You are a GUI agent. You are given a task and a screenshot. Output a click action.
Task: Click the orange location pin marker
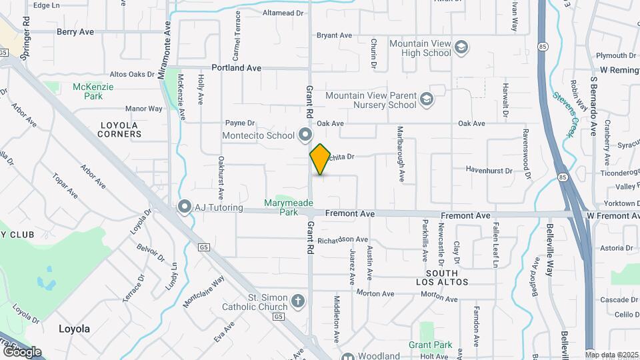click(x=320, y=159)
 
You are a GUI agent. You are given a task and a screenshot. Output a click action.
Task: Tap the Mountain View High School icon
click(x=462, y=47)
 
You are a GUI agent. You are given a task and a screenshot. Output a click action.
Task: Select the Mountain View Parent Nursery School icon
click(x=427, y=100)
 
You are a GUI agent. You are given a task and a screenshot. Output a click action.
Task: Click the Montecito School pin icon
click(x=305, y=135)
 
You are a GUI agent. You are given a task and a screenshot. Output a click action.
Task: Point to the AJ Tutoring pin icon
click(x=185, y=207)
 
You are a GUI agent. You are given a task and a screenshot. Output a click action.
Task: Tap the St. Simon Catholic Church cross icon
click(x=300, y=302)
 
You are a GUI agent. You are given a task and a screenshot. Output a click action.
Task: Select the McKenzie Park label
click(x=93, y=91)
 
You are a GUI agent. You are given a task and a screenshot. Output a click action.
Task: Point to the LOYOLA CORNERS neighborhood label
click(x=121, y=129)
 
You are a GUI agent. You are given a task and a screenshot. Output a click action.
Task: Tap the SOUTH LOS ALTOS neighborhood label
click(x=442, y=278)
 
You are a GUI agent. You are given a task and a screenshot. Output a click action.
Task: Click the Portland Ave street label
click(x=236, y=68)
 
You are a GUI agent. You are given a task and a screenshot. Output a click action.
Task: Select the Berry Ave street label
click(x=75, y=31)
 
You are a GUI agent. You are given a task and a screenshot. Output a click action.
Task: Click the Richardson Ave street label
click(x=343, y=239)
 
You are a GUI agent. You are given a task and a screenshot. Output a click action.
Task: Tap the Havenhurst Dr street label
click(x=489, y=171)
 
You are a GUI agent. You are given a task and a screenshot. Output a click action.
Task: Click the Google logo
click(x=21, y=351)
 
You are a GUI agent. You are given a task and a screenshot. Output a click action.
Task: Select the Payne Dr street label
click(x=240, y=123)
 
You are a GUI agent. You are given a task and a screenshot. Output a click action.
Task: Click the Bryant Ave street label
click(x=333, y=35)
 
